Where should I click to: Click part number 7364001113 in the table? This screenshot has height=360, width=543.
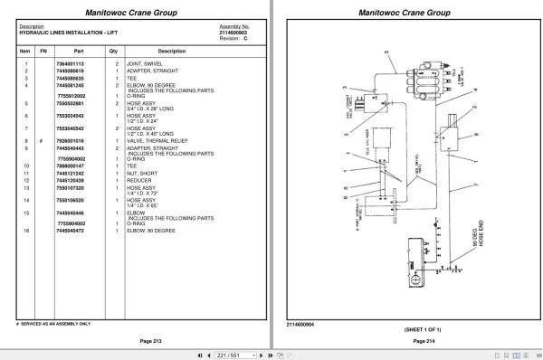click(70, 65)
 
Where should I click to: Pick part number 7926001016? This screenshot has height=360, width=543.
click(70, 140)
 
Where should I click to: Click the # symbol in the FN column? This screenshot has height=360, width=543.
click(43, 140)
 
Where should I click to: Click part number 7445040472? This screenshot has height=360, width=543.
click(70, 231)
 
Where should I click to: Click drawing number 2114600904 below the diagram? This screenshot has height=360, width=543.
click(300, 324)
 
